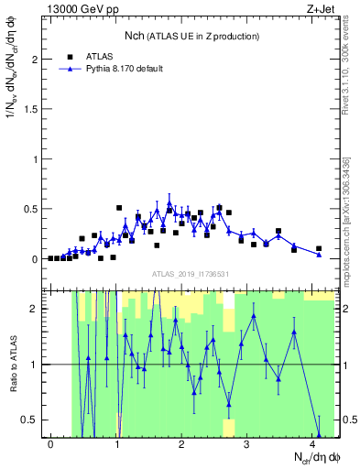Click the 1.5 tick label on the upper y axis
(29, 109)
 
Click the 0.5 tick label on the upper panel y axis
(29, 209)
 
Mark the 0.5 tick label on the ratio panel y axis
(29, 420)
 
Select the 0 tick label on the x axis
(50, 444)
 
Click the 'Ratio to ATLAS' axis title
(12, 364)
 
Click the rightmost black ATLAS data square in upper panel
(319, 248)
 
